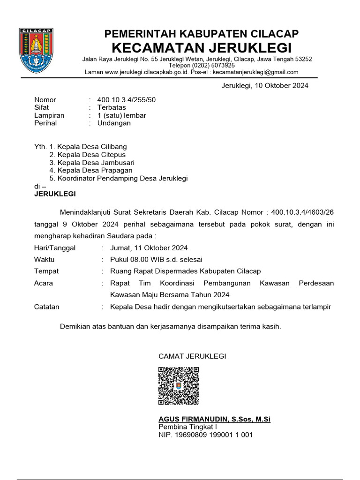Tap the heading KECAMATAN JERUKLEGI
click(202, 48)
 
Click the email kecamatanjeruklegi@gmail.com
click(255, 72)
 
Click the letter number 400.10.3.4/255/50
click(126, 100)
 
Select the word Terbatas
click(112, 107)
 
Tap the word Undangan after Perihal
click(114, 123)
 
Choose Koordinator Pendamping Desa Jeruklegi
click(122, 179)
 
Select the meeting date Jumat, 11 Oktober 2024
click(149, 248)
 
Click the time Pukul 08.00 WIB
click(138, 259)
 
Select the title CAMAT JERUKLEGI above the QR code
click(192, 356)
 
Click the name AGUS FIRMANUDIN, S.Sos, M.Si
click(214, 419)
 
